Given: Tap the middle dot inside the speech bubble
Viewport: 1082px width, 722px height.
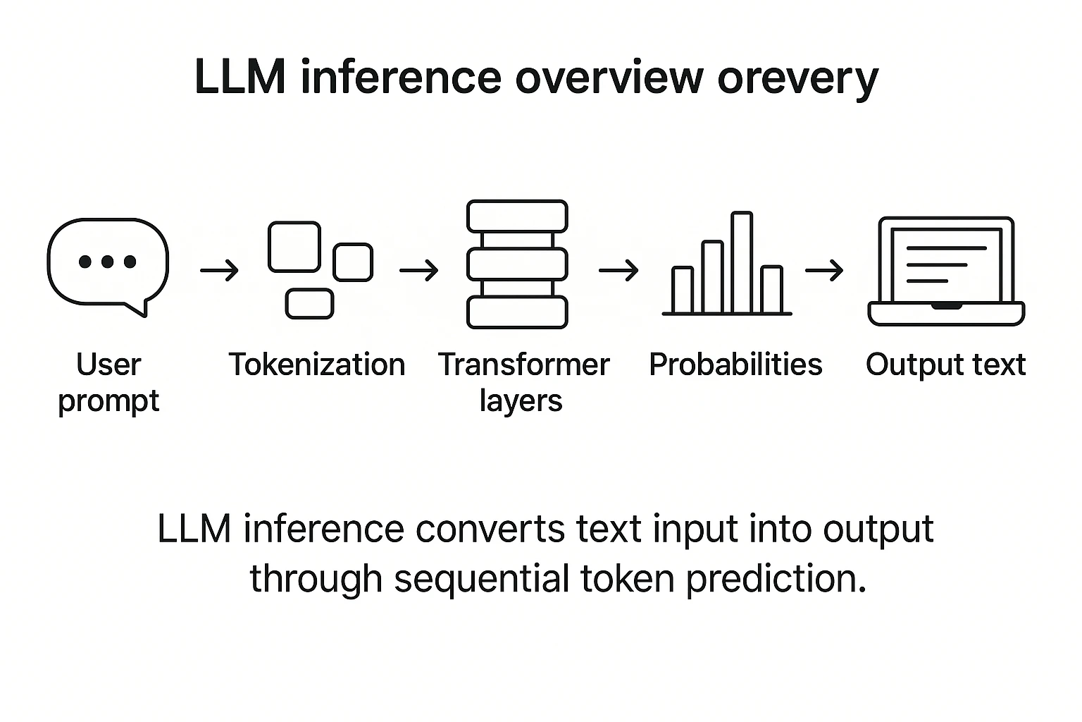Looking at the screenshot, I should [x=108, y=262].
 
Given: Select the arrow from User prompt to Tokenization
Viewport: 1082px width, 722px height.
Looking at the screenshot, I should [x=220, y=270].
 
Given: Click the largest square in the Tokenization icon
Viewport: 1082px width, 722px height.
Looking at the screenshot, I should [x=294, y=247].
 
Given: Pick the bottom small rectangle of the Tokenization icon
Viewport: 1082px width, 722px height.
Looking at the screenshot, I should [x=309, y=304].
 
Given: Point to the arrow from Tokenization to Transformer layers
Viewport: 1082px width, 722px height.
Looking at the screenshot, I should [x=419, y=270].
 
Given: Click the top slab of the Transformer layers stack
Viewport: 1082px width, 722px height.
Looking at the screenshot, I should [x=517, y=216].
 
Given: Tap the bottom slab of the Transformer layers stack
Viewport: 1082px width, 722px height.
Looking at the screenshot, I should [x=517, y=312].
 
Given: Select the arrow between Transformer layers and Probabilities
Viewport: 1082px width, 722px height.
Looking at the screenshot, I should [x=618, y=270].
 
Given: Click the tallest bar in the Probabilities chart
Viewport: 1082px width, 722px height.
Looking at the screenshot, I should [x=742, y=262].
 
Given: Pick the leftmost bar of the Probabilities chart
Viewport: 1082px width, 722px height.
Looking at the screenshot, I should [x=683, y=290].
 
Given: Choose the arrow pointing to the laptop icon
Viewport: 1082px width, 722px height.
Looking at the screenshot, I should [x=824, y=270].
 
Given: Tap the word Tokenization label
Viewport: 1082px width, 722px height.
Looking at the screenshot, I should [x=317, y=365].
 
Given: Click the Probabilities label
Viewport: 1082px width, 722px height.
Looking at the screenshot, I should [x=735, y=365].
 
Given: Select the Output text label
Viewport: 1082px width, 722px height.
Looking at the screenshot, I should [x=945, y=365].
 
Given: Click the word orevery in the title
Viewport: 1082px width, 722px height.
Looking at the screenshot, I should [x=797, y=78].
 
